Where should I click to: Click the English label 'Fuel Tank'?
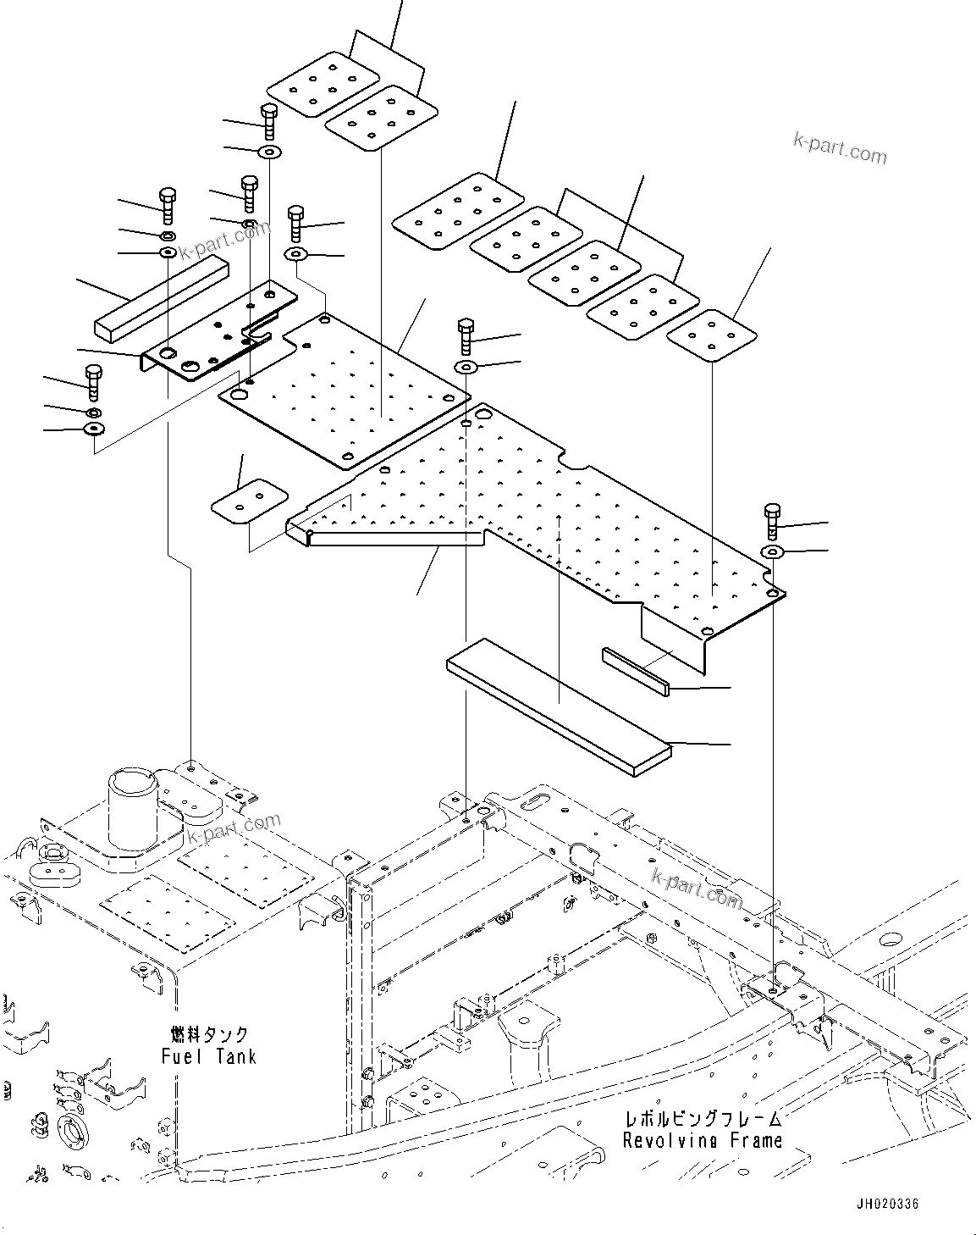click(x=208, y=1056)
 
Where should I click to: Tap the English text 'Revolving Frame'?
click(x=703, y=1141)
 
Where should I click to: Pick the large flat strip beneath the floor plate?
click(x=559, y=706)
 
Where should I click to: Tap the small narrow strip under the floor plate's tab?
click(x=636, y=671)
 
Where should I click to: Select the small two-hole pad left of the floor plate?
click(x=249, y=501)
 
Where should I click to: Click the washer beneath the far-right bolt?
click(x=772, y=552)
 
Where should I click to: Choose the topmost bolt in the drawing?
click(x=267, y=122)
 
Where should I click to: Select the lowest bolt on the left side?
click(x=93, y=382)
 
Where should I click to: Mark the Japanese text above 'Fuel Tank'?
click(x=208, y=1035)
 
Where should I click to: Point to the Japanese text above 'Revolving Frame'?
click(x=703, y=1120)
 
